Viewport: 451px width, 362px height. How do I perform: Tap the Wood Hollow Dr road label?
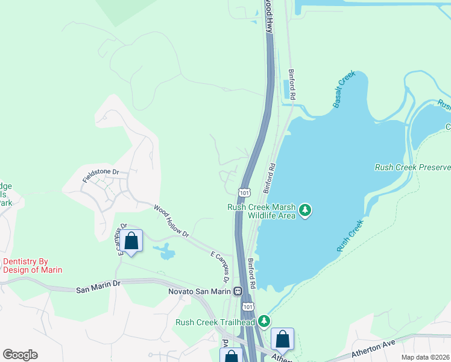[171, 221]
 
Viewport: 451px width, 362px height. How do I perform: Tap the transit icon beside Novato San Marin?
[238, 291]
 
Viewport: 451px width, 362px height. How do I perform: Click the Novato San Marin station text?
[200, 291]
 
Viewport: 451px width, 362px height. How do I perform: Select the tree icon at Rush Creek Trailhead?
[264, 322]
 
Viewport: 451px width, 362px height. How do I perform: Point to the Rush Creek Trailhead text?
[215, 322]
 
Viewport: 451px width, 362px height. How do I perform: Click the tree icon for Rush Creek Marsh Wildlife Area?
[306, 210]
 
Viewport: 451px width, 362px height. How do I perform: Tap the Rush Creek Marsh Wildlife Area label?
[261, 211]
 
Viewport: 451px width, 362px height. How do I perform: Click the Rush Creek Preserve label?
[412, 167]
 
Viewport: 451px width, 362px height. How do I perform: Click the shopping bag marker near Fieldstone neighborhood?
[131, 241]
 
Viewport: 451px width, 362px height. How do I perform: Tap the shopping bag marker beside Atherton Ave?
[282, 340]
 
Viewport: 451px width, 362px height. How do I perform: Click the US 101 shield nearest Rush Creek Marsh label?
[244, 192]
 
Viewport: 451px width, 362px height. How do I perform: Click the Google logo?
[20, 355]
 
